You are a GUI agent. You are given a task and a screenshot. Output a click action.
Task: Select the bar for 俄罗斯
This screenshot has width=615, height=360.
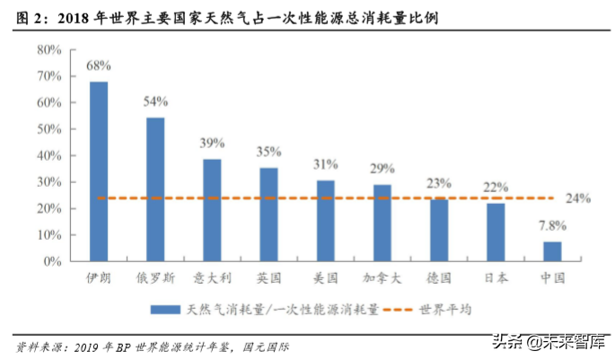click(155, 189)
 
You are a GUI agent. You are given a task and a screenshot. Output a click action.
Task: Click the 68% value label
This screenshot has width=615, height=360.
click(98, 66)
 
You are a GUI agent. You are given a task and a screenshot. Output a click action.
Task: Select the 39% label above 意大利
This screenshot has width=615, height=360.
click(212, 143)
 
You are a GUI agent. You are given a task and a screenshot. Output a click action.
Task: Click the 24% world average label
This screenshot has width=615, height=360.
click(579, 198)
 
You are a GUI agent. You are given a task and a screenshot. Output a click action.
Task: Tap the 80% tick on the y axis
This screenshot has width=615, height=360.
click(48, 49)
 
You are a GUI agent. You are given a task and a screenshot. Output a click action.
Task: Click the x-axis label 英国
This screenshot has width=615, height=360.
click(268, 278)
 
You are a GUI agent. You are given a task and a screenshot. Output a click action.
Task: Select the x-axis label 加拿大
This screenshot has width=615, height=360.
click(382, 278)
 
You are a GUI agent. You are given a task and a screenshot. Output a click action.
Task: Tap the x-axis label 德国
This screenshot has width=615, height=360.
click(439, 278)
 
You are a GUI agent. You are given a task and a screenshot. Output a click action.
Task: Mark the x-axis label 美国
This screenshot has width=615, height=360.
click(325, 278)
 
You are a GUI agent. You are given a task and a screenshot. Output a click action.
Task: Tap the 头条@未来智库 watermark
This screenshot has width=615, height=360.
click(549, 341)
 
